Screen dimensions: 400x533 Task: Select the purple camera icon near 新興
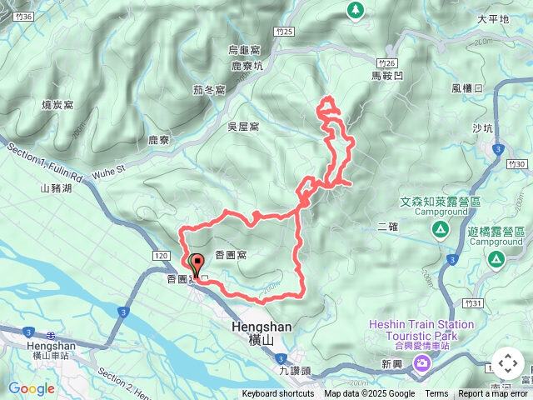click(x=422, y=362)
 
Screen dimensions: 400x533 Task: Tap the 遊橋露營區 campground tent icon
click(x=496, y=262)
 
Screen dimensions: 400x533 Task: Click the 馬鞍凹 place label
click(x=386, y=76)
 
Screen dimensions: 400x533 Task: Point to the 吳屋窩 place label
click(x=243, y=127)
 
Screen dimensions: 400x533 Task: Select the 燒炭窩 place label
click(x=57, y=105)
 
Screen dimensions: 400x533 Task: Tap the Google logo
click(x=31, y=388)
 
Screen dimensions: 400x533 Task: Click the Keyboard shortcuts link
click(x=278, y=394)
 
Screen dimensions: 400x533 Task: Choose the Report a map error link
click(x=493, y=394)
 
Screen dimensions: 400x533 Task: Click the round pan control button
click(x=508, y=364)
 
